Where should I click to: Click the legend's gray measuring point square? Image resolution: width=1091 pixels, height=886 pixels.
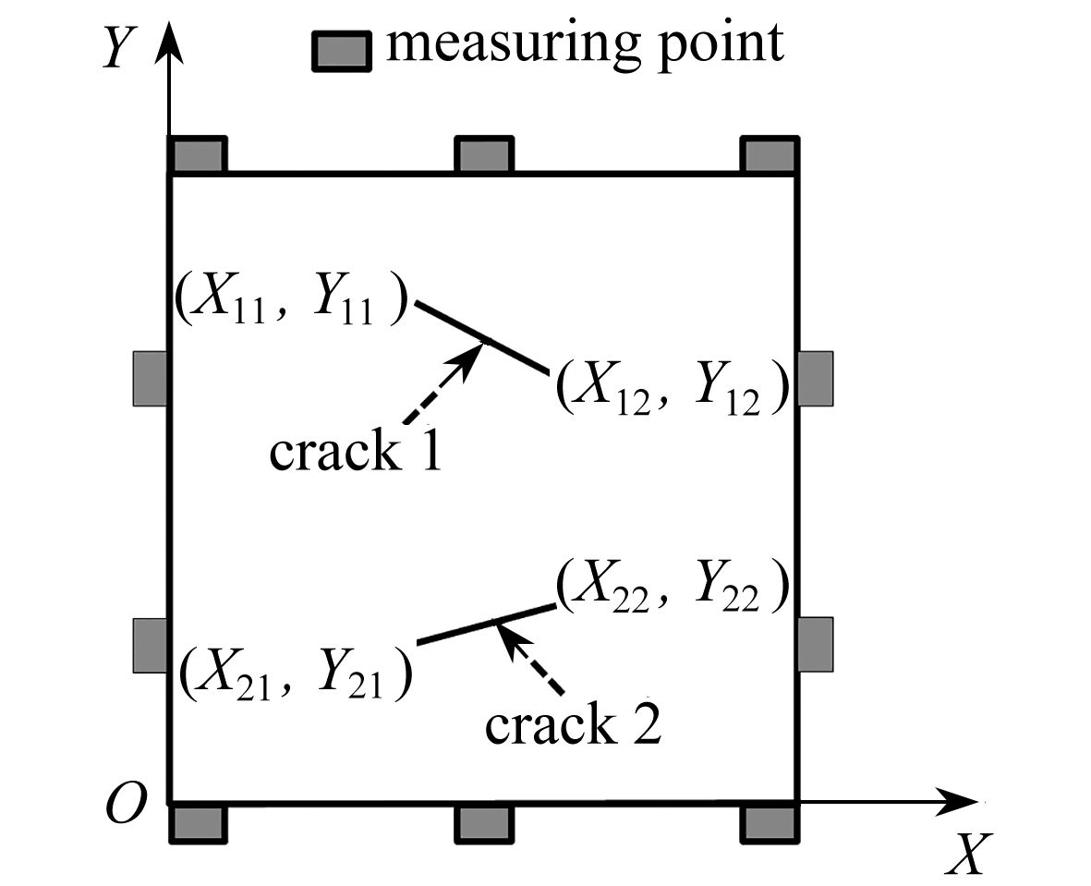point(340,52)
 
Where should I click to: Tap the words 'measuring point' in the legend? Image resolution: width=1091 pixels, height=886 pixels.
point(584,42)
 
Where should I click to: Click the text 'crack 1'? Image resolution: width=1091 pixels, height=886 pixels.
point(355,452)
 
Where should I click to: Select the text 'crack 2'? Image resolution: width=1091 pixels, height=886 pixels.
point(573,724)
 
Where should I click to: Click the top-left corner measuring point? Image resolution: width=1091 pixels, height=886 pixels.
point(197,154)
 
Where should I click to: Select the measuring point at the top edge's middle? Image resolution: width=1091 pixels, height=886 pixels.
point(484,154)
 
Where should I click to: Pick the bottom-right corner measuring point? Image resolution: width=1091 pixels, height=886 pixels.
point(770,822)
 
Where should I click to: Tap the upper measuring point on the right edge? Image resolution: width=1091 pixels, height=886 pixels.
point(815,378)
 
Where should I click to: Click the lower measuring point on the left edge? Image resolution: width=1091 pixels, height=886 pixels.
point(150,645)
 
